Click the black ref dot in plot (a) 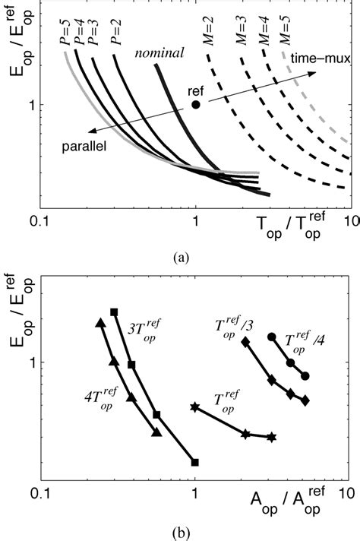tap(196, 104)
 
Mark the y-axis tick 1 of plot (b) tap(31, 362)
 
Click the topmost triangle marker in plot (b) tap(99, 323)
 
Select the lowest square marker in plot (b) tap(195, 462)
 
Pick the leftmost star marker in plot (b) tap(195, 407)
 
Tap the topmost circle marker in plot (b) tap(272, 337)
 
